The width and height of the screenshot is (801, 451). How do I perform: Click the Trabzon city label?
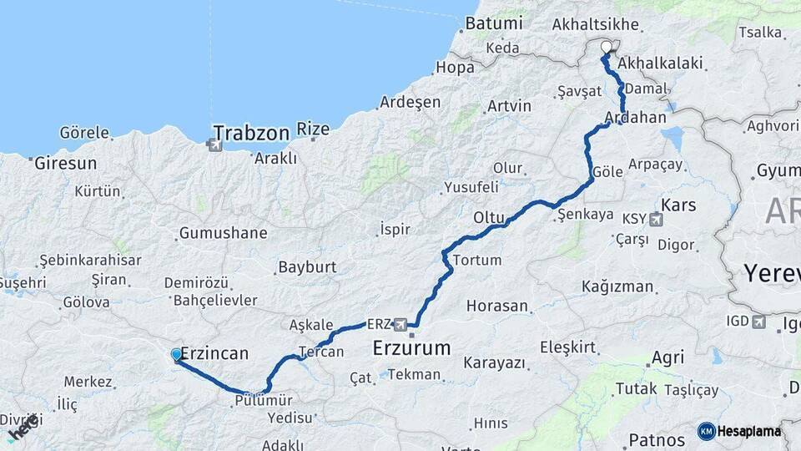click(250, 133)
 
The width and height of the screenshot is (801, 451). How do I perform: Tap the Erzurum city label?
click(411, 347)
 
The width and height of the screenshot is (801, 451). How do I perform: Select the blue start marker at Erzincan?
click(176, 355)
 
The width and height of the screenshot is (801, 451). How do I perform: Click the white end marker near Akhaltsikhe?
click(607, 47)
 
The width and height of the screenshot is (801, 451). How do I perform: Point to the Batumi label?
click(494, 23)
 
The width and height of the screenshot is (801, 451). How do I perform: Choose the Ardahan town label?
click(636, 117)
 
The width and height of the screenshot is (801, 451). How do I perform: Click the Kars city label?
click(678, 205)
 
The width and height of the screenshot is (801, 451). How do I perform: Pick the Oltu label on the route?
click(489, 218)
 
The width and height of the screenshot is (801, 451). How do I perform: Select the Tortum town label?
click(476, 260)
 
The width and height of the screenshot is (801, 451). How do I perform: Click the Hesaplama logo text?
click(749, 431)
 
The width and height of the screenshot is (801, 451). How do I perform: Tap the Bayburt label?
click(306, 268)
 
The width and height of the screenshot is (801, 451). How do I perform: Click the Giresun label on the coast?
click(66, 164)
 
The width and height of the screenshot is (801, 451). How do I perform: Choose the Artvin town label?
click(509, 106)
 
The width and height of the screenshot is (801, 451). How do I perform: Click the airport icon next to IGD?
click(758, 321)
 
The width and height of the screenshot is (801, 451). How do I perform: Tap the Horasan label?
click(497, 306)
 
